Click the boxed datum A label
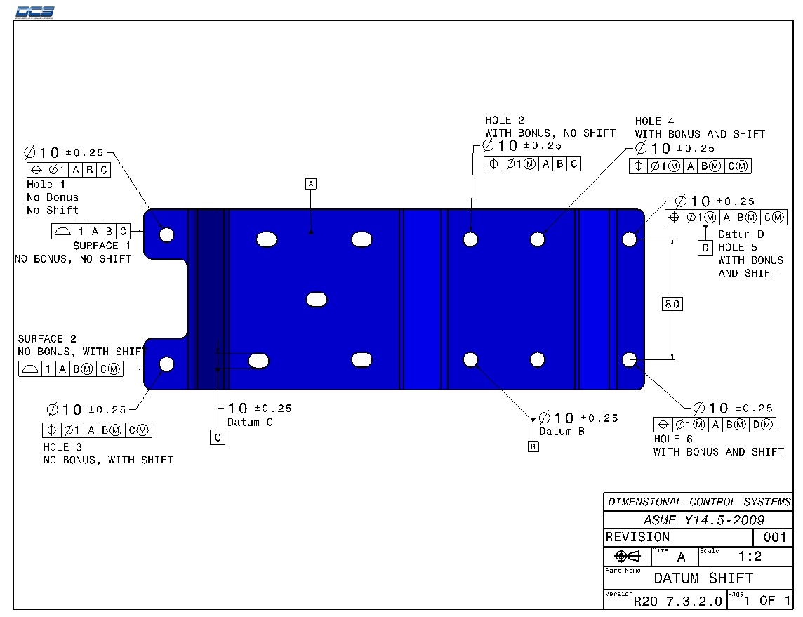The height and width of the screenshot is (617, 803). [x=311, y=184]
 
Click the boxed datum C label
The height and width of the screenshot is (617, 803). [x=218, y=437]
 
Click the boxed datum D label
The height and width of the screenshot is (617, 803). [x=705, y=247]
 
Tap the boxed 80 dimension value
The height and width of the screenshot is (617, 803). [x=672, y=304]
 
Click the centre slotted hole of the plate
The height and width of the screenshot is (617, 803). [x=317, y=300]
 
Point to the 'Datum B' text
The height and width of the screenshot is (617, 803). [x=562, y=432]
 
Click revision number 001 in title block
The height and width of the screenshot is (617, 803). [x=774, y=538]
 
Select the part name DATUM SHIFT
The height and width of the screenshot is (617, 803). [x=703, y=578]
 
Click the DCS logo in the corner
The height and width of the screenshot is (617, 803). [x=34, y=11]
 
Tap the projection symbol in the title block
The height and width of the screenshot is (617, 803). [x=627, y=557]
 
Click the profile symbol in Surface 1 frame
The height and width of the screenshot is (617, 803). [x=62, y=232]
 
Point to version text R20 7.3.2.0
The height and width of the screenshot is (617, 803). [x=677, y=601]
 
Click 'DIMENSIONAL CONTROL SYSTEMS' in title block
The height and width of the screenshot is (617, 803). [x=699, y=502]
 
